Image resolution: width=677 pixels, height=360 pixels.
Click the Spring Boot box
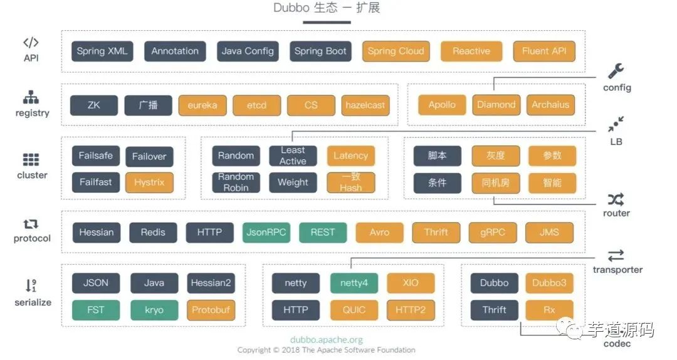click(x=320, y=51)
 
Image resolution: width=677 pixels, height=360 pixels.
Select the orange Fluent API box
click(x=544, y=51)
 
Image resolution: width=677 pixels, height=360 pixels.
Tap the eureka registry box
click(x=202, y=105)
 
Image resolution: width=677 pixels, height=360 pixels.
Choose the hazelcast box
click(x=365, y=105)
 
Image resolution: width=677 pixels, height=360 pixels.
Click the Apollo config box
click(x=442, y=105)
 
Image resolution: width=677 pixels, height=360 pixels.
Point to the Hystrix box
click(x=149, y=183)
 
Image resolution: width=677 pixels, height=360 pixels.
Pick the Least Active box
click(x=293, y=156)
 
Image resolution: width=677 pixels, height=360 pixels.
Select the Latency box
click(x=350, y=156)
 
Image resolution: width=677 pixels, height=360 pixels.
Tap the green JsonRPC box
click(x=266, y=232)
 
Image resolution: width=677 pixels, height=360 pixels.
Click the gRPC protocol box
click(x=492, y=232)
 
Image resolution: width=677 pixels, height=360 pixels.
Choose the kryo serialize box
click(x=154, y=310)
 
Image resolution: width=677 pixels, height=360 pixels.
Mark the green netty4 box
click(x=354, y=283)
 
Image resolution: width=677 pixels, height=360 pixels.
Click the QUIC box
click(x=354, y=310)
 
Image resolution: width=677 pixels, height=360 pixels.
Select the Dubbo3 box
click(x=549, y=283)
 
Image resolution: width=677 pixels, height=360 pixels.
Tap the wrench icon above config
click(x=616, y=71)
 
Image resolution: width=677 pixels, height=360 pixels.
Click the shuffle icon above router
click(x=616, y=199)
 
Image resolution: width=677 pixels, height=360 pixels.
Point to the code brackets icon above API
click(x=31, y=43)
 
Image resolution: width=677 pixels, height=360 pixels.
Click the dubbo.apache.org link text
click(x=326, y=339)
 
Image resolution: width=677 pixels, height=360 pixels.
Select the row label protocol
click(x=32, y=238)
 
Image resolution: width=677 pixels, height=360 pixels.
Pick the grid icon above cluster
click(x=31, y=160)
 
